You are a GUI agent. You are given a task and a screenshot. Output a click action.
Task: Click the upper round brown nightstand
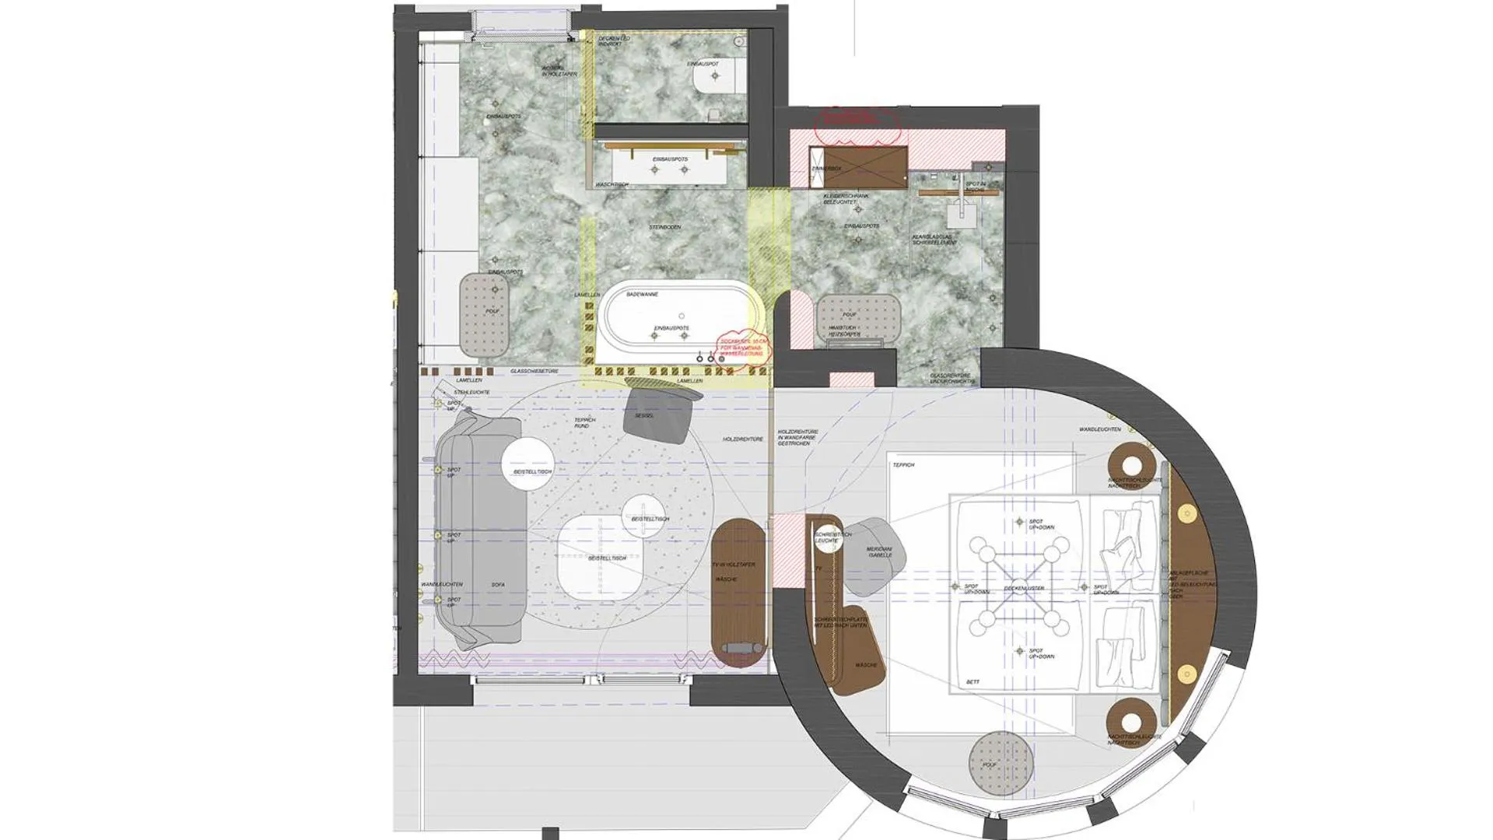1132,465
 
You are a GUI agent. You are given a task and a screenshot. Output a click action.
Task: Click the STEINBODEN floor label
665,227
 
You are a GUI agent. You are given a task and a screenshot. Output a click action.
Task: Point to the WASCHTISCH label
612,185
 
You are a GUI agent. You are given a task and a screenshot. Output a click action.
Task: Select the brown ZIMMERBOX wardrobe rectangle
858,167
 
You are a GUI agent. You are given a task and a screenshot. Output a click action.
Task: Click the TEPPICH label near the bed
903,465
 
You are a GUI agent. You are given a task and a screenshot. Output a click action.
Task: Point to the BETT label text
973,682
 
